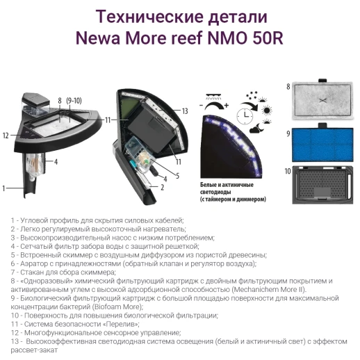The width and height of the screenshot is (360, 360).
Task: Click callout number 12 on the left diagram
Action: point(6,135)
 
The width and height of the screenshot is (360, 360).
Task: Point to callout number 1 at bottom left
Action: point(5,188)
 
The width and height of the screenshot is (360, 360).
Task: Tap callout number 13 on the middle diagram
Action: point(186,111)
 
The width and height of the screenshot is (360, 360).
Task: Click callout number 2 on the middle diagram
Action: point(162,188)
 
